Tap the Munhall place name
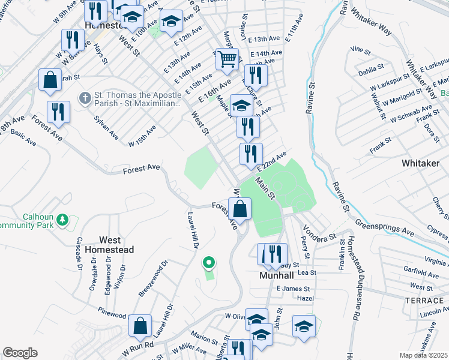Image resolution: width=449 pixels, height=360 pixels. (276, 276)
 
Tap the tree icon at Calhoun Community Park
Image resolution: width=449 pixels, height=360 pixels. (62, 221)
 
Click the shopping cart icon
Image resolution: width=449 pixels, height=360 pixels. (226, 59)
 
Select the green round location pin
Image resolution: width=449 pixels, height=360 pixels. (209, 262)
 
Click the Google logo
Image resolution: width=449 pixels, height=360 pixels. (20, 353)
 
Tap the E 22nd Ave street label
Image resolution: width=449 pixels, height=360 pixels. (273, 161)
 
